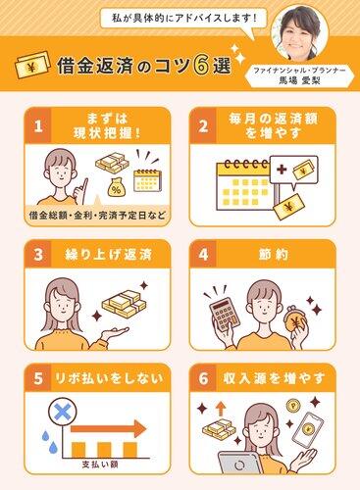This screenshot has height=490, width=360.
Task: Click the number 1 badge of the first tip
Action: (x=38, y=125)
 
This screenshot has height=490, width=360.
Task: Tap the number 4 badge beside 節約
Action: (x=203, y=254)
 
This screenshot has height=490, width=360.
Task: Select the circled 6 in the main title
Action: (x=200, y=66)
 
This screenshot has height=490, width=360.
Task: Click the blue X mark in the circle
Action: (x=63, y=413)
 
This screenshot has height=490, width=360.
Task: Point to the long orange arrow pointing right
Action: (x=108, y=429)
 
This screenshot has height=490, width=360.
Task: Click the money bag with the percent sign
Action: (x=115, y=187)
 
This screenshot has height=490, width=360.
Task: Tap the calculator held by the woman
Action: (x=225, y=316)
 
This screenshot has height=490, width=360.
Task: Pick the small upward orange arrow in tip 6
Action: (x=222, y=409)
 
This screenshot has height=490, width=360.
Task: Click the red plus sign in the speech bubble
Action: (x=282, y=170)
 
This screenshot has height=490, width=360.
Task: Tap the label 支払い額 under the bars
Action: (x=100, y=465)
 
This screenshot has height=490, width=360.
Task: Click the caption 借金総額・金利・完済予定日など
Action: (x=97, y=216)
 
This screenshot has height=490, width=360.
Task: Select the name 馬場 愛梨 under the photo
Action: (x=299, y=80)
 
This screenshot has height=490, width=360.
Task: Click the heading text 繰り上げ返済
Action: (x=108, y=255)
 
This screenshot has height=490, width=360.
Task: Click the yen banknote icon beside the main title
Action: (x=32, y=65)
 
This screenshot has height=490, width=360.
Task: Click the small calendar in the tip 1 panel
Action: (x=147, y=179)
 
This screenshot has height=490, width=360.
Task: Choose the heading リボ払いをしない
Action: (x=109, y=378)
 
